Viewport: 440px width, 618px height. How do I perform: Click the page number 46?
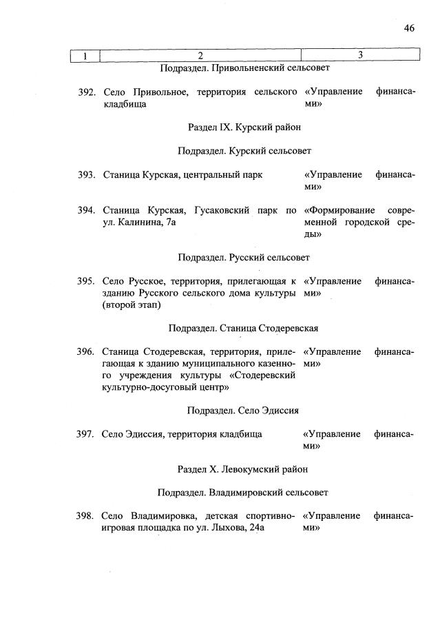(x=409, y=28)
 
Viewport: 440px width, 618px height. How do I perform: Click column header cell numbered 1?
(x=85, y=55)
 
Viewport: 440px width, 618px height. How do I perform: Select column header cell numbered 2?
(x=200, y=55)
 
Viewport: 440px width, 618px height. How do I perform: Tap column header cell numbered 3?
(x=360, y=55)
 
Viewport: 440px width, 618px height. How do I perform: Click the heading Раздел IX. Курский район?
(x=244, y=127)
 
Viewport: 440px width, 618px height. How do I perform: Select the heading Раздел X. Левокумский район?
(x=242, y=469)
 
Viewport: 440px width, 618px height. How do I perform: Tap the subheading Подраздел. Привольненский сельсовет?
(x=244, y=68)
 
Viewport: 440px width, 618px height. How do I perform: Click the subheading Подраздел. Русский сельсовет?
(x=244, y=257)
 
